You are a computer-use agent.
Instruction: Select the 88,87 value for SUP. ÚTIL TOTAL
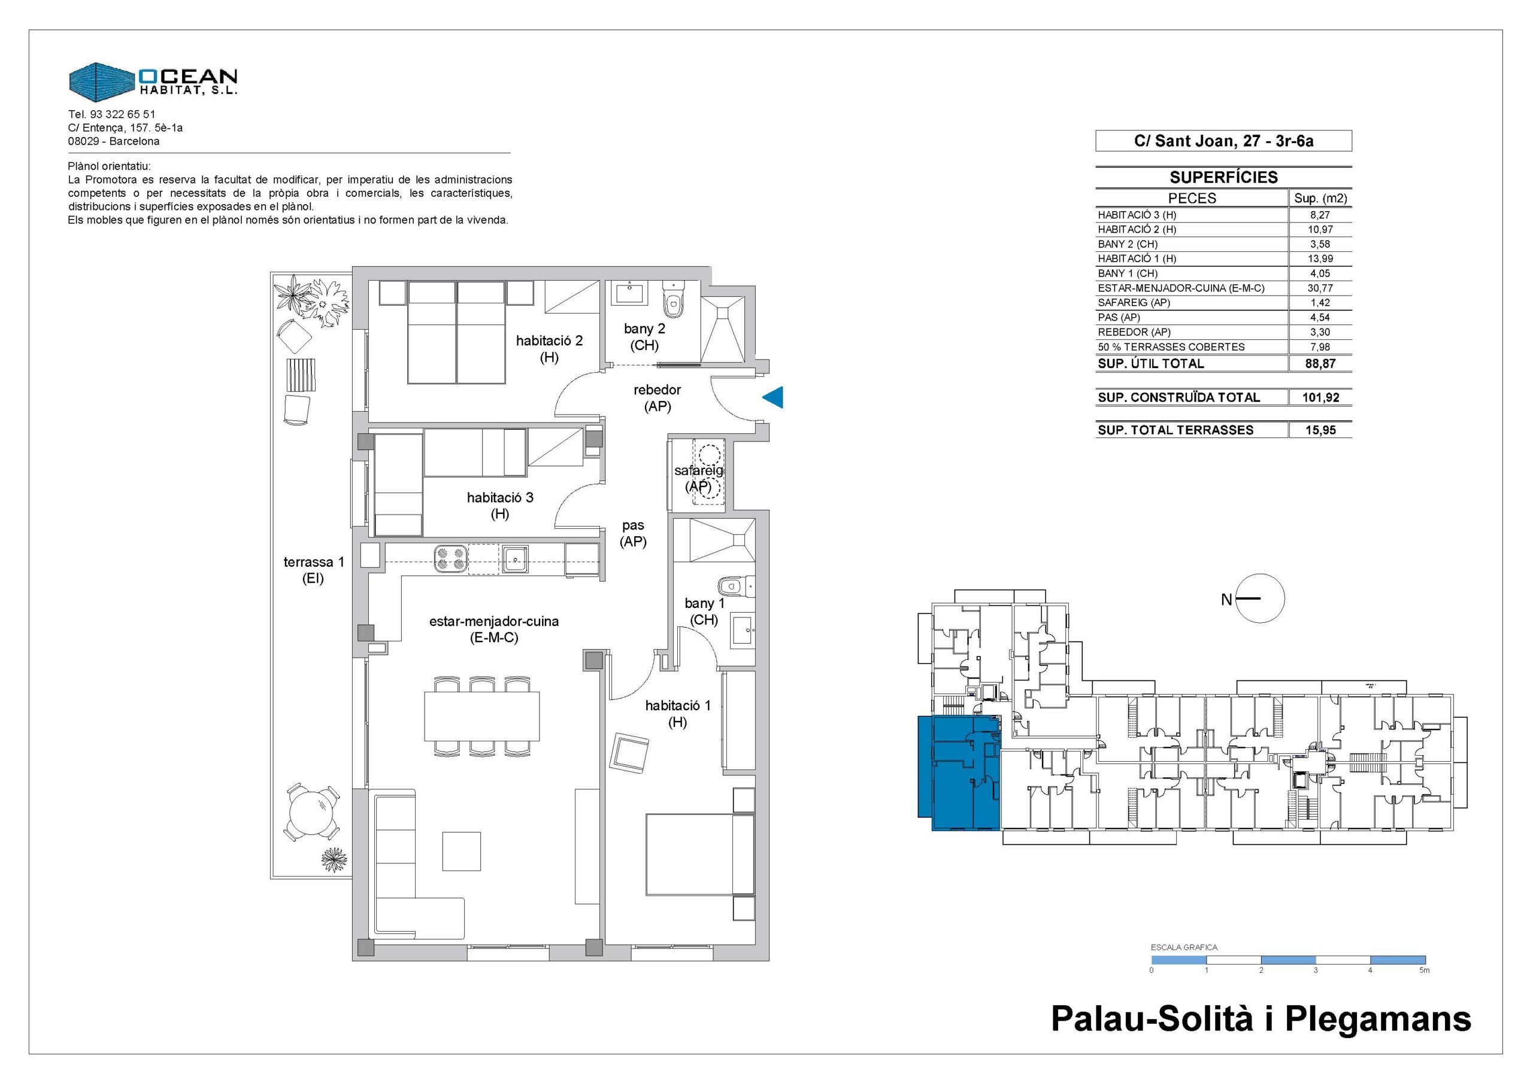[x=1320, y=364]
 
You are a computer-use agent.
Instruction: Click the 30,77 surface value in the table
[x=1320, y=288]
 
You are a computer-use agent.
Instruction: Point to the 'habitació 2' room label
[x=550, y=341]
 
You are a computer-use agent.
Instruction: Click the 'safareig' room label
[x=698, y=470]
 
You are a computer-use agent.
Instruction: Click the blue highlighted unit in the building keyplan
[x=960, y=774]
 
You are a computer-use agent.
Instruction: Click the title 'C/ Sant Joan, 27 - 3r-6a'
[x=1224, y=141]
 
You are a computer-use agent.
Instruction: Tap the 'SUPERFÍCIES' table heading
[x=1224, y=177]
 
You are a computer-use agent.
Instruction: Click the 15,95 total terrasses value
[x=1320, y=430]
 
